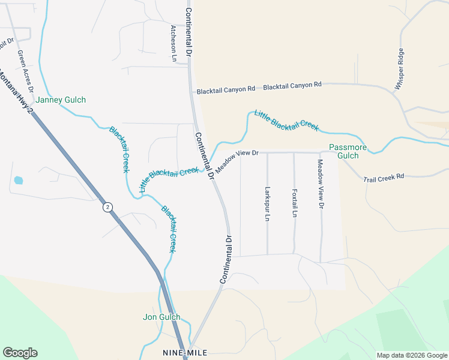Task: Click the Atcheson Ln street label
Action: pyautogui.click(x=173, y=44)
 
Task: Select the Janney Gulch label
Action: pyautogui.click(x=61, y=100)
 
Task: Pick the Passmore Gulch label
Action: pyautogui.click(x=344, y=152)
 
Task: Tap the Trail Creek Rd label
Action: pyautogui.click(x=384, y=177)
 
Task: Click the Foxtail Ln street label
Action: pyautogui.click(x=294, y=204)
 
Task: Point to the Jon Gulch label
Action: pyautogui.click(x=162, y=317)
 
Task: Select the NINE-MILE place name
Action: pyautogui.click(x=185, y=353)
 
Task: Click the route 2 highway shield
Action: pyautogui.click(x=107, y=207)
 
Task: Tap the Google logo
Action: pyautogui.click(x=20, y=353)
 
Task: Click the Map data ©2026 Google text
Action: pyautogui.click(x=411, y=355)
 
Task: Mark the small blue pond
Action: pyautogui.click(x=18, y=180)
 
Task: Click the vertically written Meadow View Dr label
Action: pyautogui.click(x=321, y=184)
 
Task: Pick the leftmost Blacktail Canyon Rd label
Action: pyautogui.click(x=226, y=90)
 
